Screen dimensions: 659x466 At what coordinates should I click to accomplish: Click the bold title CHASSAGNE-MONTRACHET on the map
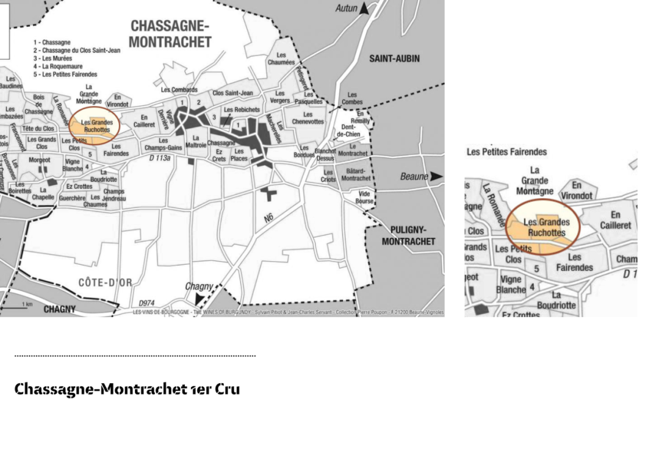pos(170,34)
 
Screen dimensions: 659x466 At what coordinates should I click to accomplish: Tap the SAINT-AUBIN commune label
pos(394,59)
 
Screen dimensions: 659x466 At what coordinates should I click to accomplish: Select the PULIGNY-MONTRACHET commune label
pos(408,235)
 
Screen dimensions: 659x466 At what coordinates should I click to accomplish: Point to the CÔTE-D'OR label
pos(105,282)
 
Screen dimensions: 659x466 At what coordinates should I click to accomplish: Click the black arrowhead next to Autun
pos(364,8)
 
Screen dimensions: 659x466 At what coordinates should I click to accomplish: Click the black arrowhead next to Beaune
pos(436,176)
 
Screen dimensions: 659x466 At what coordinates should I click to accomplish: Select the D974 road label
pos(146,303)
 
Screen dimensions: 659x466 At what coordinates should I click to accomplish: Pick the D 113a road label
pos(160,157)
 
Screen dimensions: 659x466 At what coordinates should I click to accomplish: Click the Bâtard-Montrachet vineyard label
pos(355,174)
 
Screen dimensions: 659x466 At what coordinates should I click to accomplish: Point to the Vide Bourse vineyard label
pos(364,197)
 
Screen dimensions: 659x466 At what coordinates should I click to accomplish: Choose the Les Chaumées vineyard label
pos(281,59)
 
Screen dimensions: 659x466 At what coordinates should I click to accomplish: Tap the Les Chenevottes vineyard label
pos(308,118)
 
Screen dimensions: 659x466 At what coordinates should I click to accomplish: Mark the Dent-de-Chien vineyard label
pos(348,131)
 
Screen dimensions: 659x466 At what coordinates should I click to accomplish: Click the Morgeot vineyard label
pos(39,160)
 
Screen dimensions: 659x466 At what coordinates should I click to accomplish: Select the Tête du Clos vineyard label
pos(38,129)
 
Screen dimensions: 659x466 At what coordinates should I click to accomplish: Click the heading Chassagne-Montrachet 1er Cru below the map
pos(127,389)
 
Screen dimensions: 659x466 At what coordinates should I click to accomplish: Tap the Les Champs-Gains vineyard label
pos(163,144)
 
